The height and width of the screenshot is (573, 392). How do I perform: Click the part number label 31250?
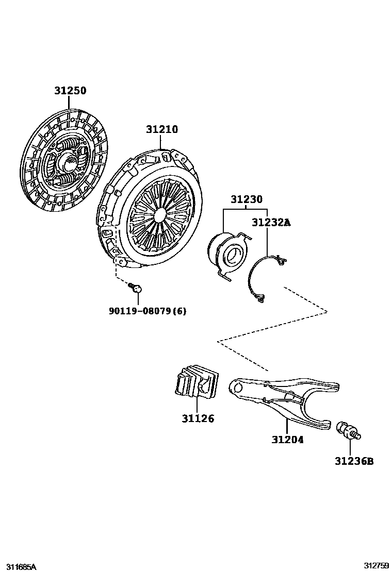coord(71,91)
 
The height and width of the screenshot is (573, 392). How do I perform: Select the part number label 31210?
coord(161,129)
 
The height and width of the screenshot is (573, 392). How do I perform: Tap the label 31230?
coord(246,199)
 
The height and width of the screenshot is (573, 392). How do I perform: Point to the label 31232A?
coord(271,223)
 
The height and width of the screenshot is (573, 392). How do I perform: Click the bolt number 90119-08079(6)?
coord(148,311)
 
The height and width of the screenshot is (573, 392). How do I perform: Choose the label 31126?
coord(198,418)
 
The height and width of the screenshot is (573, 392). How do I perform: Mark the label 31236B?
coord(354,461)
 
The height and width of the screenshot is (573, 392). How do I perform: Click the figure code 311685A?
coord(19,567)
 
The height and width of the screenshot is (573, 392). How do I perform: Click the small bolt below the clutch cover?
coord(136,287)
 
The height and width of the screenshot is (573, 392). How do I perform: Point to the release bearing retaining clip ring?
coord(263,278)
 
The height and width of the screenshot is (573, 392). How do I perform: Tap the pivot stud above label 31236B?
coord(349,431)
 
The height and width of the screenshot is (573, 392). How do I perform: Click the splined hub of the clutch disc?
coord(69,164)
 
